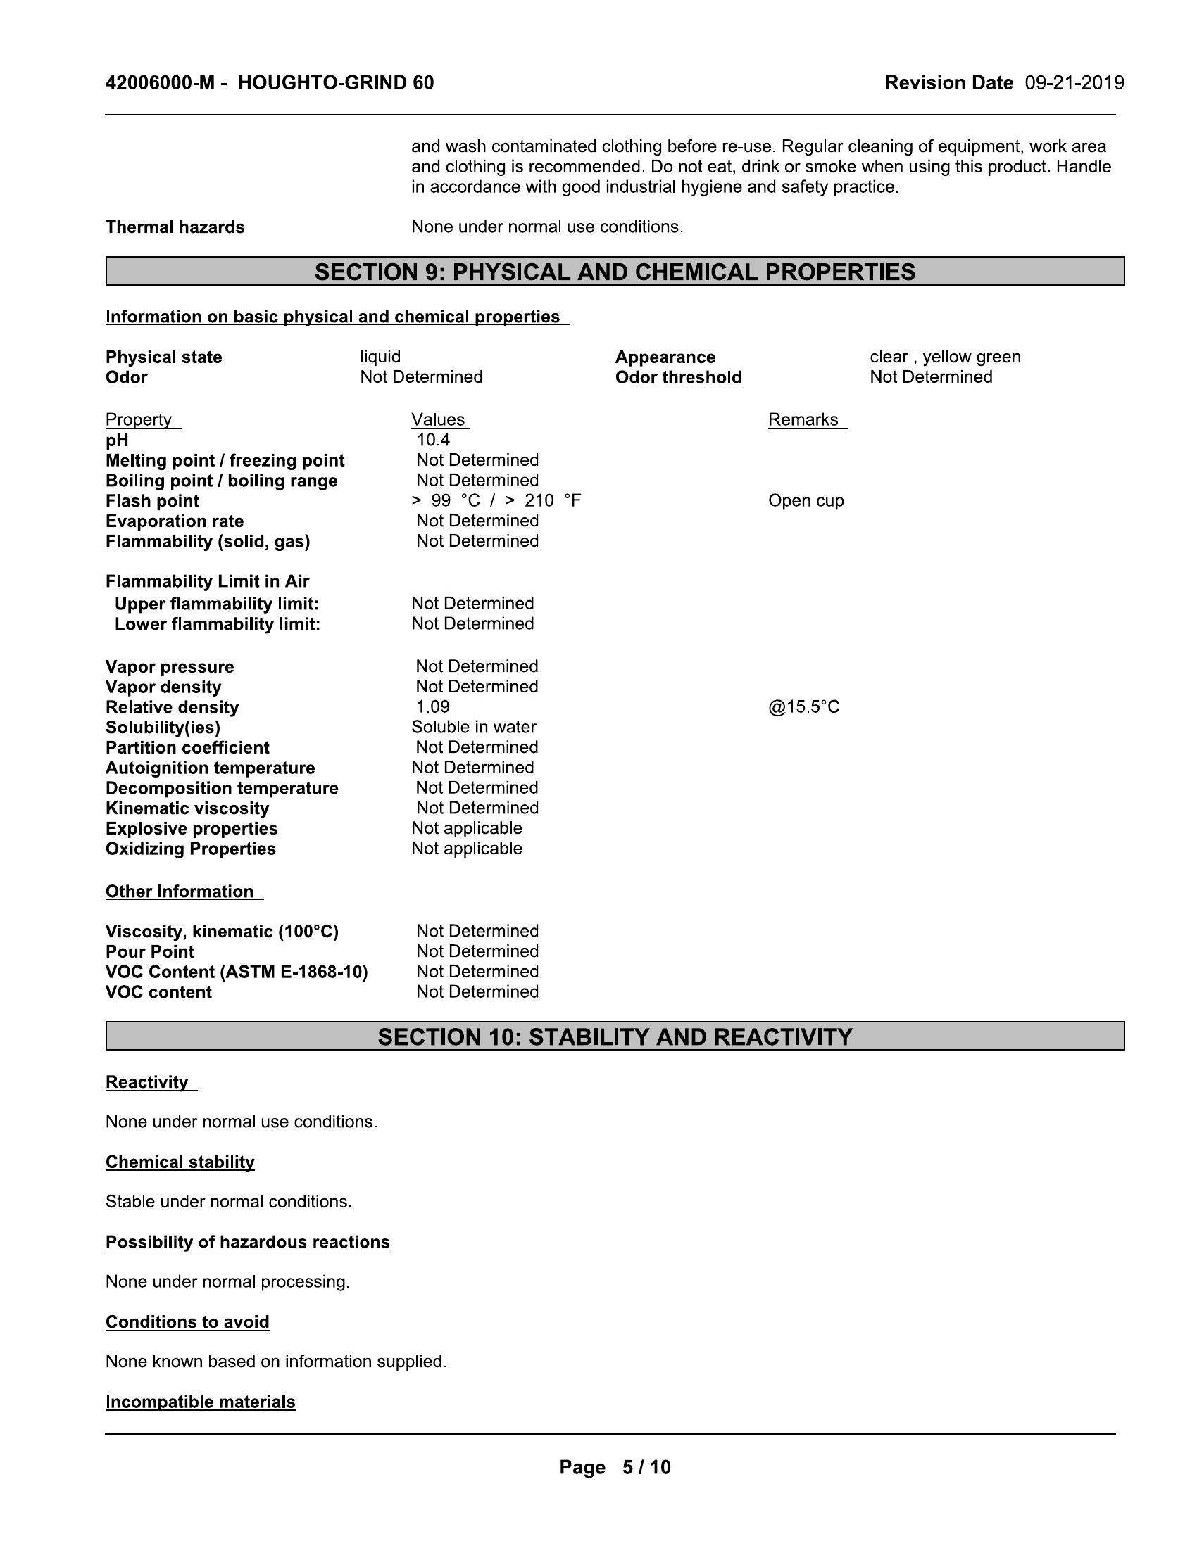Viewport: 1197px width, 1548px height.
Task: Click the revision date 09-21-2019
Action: (1074, 83)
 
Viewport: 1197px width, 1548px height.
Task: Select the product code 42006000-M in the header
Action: (160, 83)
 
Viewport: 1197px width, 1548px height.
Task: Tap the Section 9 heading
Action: (615, 272)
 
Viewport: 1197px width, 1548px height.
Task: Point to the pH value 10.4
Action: (432, 440)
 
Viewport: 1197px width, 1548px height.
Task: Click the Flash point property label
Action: (153, 501)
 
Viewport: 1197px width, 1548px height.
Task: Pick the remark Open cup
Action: (806, 501)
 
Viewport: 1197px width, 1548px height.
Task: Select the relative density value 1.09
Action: (432, 706)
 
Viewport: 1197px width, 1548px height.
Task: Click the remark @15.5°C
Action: (803, 706)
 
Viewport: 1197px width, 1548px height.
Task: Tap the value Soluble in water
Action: (474, 728)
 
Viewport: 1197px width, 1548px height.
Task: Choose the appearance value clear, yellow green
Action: (944, 357)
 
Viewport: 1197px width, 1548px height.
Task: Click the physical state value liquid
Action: (380, 357)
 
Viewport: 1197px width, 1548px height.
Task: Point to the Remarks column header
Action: (803, 419)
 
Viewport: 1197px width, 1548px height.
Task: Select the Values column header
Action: (438, 419)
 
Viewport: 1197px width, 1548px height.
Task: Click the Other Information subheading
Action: (180, 892)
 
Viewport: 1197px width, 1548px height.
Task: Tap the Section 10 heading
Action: (615, 1037)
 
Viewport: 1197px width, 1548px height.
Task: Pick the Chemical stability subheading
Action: (180, 1162)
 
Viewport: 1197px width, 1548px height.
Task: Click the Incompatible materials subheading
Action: (201, 1402)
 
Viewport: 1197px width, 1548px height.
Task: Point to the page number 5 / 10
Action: (646, 1467)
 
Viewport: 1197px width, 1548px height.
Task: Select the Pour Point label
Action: (149, 952)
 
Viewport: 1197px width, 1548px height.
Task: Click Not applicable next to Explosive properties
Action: (467, 829)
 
